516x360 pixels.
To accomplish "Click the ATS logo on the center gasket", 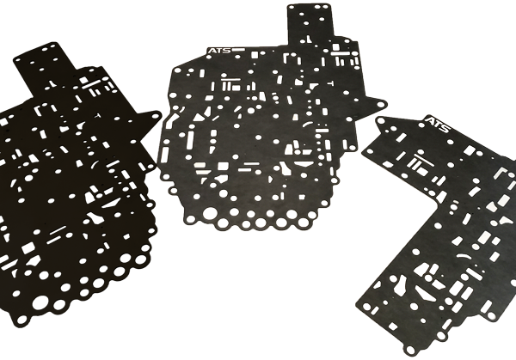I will pyautogui.click(x=218, y=51).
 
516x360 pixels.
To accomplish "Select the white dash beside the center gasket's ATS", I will pyautogui.click(x=244, y=52).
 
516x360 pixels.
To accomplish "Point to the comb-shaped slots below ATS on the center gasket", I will pyautogui.click(x=228, y=87).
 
